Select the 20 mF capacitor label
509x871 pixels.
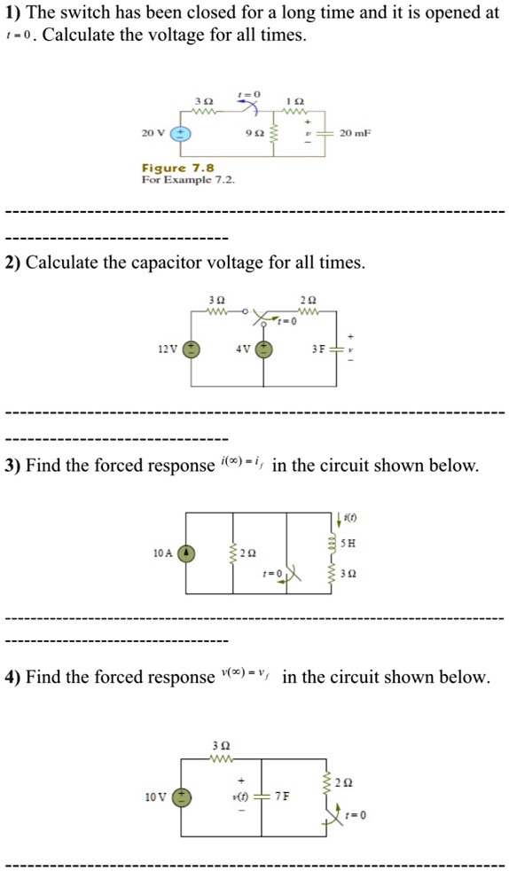pyautogui.click(x=356, y=133)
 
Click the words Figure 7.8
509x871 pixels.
pyautogui.click(x=177, y=168)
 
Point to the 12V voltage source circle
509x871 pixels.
pyautogui.click(x=190, y=349)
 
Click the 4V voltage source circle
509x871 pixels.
pyautogui.click(x=263, y=349)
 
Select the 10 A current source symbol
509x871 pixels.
pyautogui.click(x=186, y=553)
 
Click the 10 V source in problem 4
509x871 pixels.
pyautogui.click(x=183, y=796)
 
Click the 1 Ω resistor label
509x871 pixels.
pyautogui.click(x=294, y=99)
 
